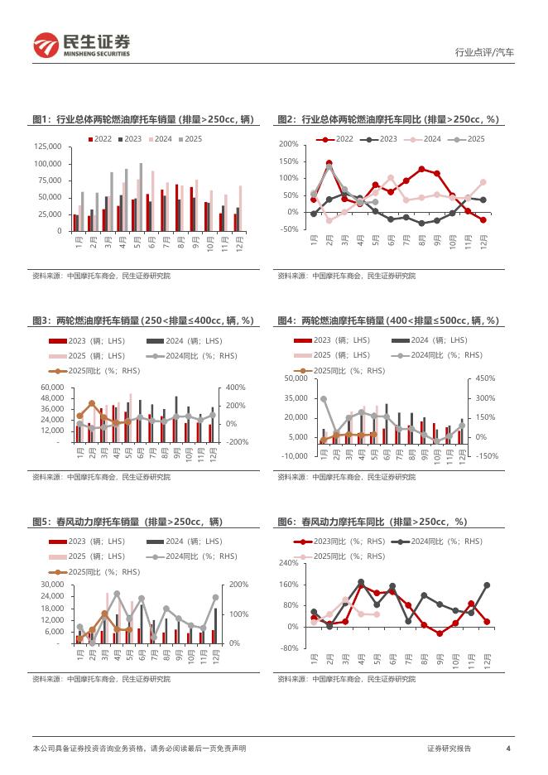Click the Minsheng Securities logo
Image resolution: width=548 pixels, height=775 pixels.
[81, 46]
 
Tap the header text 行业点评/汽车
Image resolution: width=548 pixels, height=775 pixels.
[484, 52]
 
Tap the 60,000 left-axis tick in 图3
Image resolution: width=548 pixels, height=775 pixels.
[52, 387]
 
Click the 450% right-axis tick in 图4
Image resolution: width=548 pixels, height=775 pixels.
[486, 379]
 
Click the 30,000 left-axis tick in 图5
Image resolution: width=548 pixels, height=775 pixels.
[52, 585]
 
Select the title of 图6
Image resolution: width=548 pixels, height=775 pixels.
[373, 522]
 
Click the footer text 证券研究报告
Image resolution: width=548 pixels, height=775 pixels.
[449, 749]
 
